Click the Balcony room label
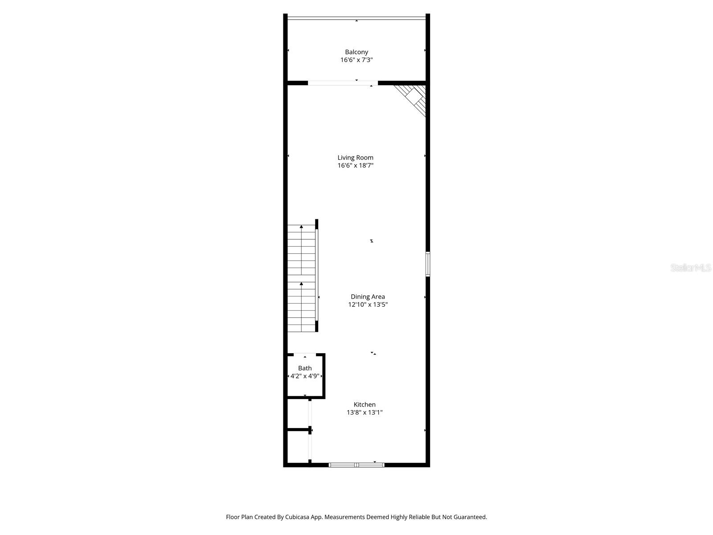click(356, 52)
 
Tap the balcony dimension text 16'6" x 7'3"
click(356, 60)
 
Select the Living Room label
click(355, 157)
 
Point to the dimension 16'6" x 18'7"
click(355, 165)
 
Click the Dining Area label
click(368, 296)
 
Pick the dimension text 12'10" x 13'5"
click(368, 305)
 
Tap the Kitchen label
click(365, 404)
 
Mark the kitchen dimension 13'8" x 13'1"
click(365, 412)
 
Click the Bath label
click(305, 368)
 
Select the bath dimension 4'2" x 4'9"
click(305, 376)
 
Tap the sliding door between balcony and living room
click(342, 83)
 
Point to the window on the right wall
click(428, 264)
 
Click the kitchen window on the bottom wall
click(356, 465)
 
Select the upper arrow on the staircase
click(301, 227)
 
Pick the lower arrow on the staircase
click(301, 284)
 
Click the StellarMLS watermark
click(691, 268)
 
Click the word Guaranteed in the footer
click(470, 517)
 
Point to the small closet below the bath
click(298, 414)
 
